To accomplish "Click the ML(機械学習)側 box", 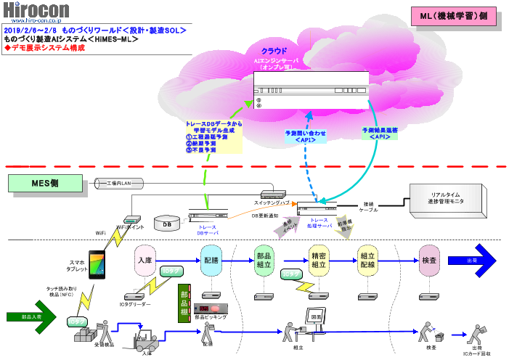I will click(453, 15).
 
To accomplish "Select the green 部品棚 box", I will click(184, 303).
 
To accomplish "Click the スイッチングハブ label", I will click(269, 202).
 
